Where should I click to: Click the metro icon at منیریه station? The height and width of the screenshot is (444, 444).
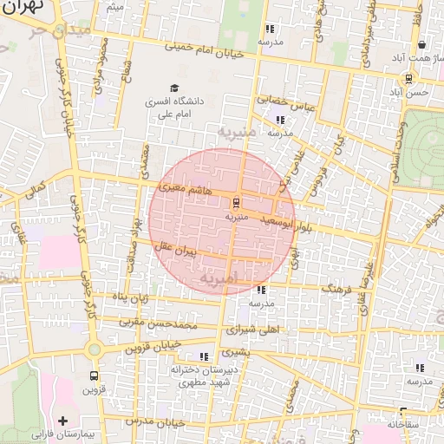[235, 203]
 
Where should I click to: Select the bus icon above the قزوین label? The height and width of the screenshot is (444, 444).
[94, 376]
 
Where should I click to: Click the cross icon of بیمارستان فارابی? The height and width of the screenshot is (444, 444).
[62, 421]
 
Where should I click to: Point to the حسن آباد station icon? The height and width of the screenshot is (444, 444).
[408, 79]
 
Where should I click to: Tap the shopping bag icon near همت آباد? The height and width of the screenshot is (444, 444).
[421, 44]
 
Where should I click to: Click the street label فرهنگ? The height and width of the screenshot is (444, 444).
[340, 290]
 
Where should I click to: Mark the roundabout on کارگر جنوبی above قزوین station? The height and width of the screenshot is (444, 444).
[93, 349]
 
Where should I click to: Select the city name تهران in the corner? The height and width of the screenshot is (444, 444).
[19, 8]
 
